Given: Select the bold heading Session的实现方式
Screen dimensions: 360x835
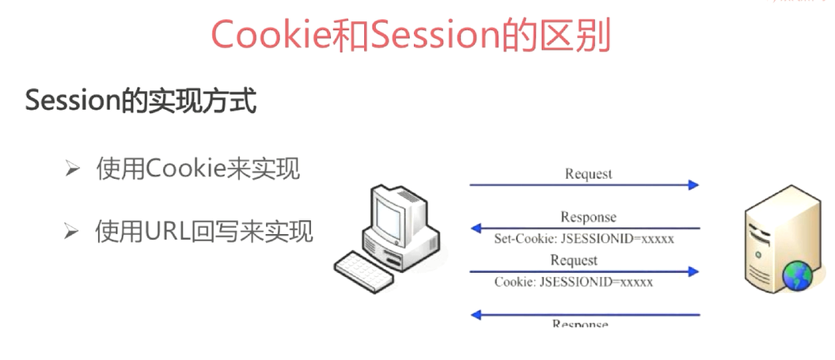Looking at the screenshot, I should [141, 102].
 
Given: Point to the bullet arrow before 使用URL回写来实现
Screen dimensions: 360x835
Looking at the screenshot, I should [73, 232].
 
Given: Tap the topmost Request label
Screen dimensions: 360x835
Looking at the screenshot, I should [588, 174].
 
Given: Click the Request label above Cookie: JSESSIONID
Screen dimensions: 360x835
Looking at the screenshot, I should [574, 260].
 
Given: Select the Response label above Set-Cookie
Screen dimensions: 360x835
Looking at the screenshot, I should [588, 218].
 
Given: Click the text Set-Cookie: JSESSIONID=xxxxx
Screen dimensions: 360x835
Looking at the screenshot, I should [584, 238].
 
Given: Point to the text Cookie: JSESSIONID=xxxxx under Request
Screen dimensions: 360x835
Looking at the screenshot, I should [574, 282].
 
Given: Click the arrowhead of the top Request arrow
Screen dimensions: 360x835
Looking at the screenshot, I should [693, 185].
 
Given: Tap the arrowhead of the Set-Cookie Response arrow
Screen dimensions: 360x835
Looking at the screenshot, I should [476, 229].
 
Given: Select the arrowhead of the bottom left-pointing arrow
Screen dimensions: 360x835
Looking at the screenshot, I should [476, 315].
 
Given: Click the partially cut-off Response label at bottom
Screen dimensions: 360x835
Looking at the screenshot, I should [579, 324].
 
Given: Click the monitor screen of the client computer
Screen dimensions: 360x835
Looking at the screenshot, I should [393, 212].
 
